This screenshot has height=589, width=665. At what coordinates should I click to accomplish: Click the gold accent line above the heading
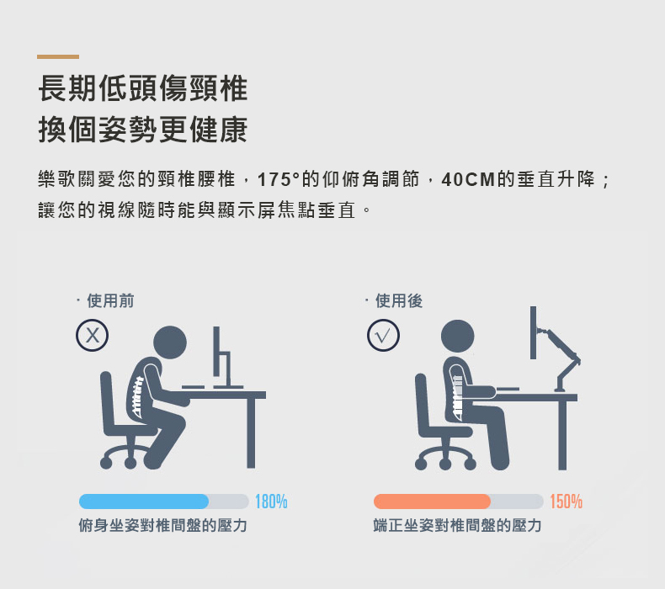pos(58,56)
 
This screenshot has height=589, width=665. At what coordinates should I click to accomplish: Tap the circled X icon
pos(92,335)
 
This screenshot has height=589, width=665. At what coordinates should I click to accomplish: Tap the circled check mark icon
pos(383,335)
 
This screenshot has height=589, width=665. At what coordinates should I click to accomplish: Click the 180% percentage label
pos(271,501)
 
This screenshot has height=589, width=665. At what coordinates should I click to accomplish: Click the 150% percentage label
pos(567,501)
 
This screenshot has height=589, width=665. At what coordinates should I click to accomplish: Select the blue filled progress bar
pos(144,501)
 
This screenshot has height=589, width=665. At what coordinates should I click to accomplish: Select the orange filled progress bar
pos(432,501)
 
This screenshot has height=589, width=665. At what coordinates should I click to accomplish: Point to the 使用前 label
pos(110,301)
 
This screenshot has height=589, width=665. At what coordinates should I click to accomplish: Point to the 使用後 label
pos(399,301)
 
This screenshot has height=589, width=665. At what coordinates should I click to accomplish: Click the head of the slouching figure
pos(170,342)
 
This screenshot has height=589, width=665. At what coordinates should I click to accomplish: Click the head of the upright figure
pos(458,337)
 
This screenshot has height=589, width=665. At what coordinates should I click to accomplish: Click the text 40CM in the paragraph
pos(468,179)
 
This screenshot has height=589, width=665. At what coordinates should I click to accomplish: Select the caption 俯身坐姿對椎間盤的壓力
pos(162,525)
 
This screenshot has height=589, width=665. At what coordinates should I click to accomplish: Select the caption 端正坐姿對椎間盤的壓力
pos(458,525)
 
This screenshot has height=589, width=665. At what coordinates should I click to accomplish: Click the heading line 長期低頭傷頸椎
pos(143,88)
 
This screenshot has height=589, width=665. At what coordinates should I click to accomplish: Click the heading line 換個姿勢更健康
pos(143,130)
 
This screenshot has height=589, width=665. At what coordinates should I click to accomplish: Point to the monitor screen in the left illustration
pos(216,351)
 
